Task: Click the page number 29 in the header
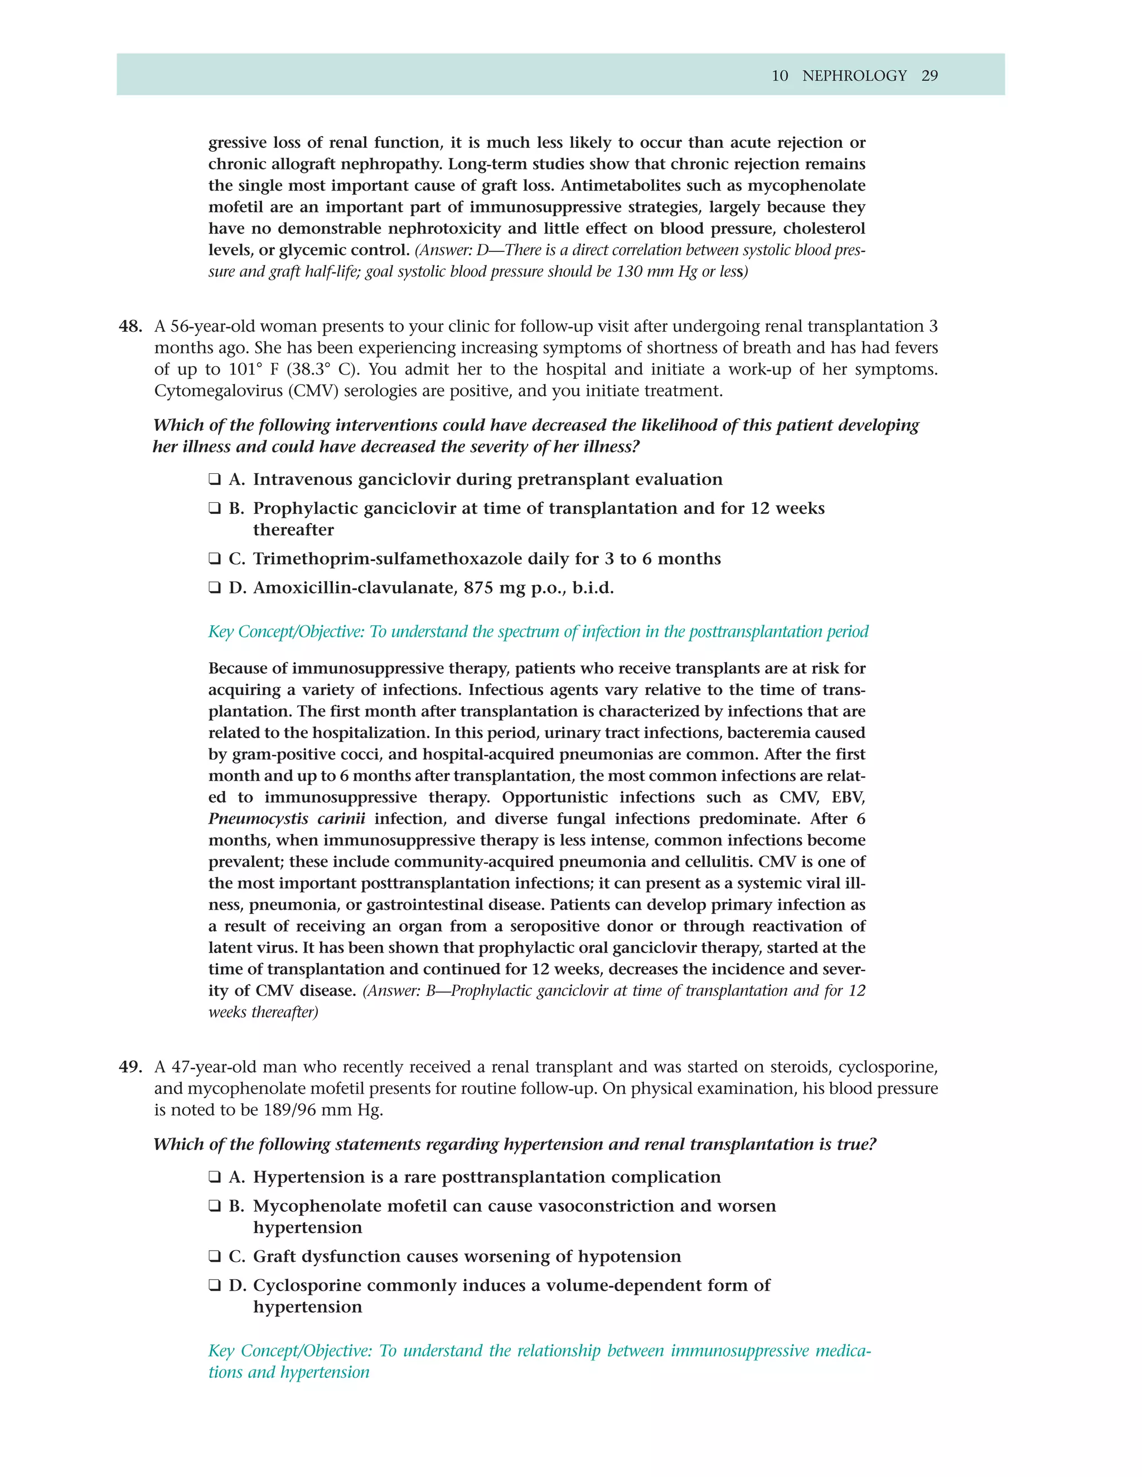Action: point(930,76)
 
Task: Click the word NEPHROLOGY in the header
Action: point(854,76)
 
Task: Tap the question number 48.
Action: point(130,327)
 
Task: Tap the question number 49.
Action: point(130,1067)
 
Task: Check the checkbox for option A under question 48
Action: point(215,479)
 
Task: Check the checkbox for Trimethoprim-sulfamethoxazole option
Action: point(215,558)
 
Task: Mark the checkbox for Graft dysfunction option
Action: point(215,1256)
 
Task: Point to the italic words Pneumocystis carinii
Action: point(286,819)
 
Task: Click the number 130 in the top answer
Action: point(631,272)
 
